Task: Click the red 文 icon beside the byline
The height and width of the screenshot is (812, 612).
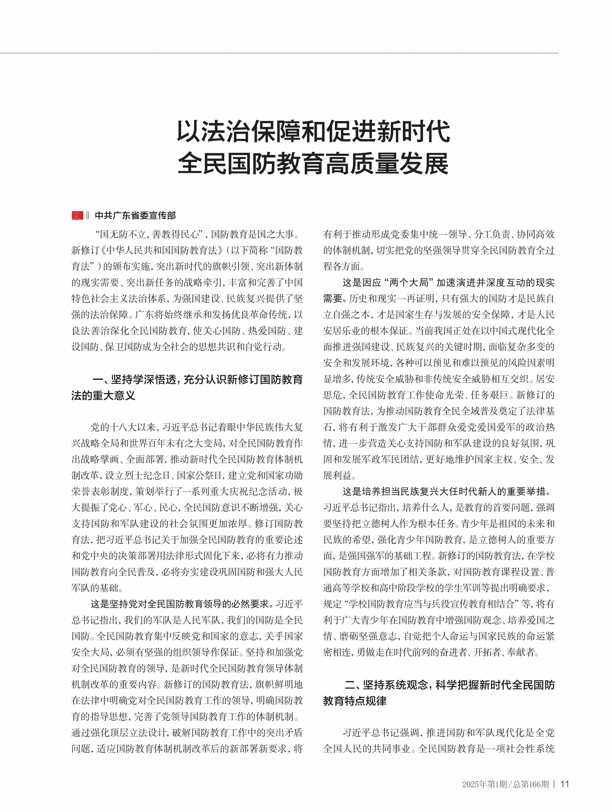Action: [x=77, y=216]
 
